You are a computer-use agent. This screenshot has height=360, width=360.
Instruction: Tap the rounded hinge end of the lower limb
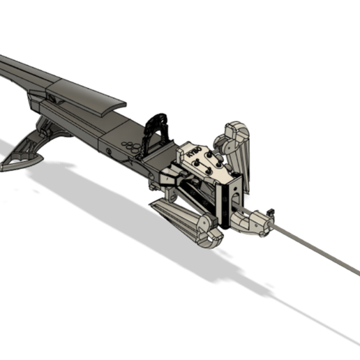point(209,234)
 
